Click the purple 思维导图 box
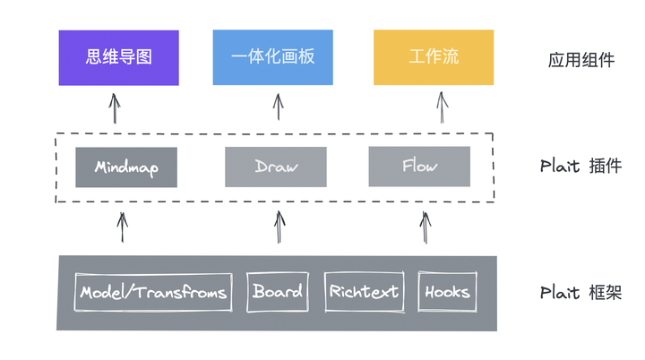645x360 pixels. [x=118, y=57]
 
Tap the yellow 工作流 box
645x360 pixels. [x=433, y=57]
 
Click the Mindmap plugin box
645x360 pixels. [x=125, y=167]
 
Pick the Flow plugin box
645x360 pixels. [x=419, y=167]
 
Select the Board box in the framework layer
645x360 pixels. [x=277, y=292]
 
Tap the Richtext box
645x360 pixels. [x=363, y=292]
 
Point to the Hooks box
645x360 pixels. [x=447, y=292]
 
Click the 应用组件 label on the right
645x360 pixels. [x=581, y=60]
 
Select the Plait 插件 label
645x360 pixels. [x=580, y=167]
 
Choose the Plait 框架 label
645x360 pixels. [x=580, y=293]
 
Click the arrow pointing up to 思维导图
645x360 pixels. [x=114, y=108]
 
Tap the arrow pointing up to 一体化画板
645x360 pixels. [x=278, y=107]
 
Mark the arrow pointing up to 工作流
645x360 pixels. [x=442, y=107]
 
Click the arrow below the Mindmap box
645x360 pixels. [x=122, y=227]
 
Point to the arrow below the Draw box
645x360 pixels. [x=279, y=227]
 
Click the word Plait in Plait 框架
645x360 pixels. [x=560, y=293]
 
